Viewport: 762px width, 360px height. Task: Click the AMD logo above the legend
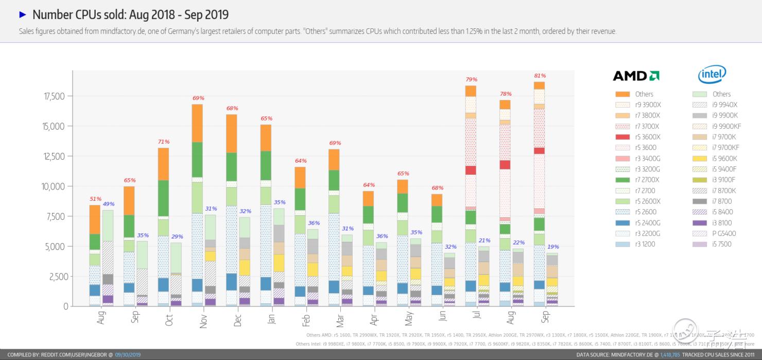pos(636,76)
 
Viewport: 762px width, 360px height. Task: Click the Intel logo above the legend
pos(712,75)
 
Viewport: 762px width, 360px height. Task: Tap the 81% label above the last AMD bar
pos(540,76)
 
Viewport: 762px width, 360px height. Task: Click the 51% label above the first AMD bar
pos(95,199)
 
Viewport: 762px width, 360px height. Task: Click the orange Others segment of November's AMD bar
pos(197,123)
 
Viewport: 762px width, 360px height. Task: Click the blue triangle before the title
pos(23,14)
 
